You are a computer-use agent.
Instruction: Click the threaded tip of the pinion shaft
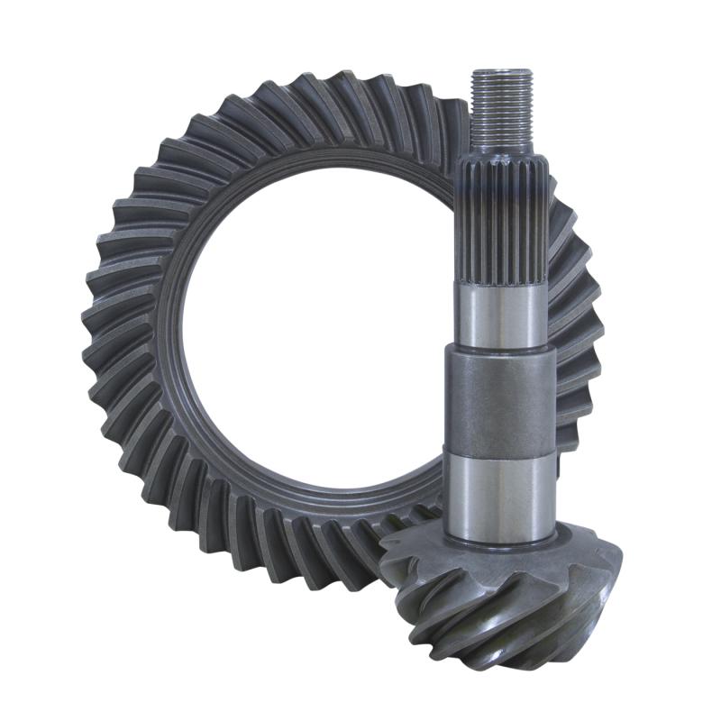pos(501,108)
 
